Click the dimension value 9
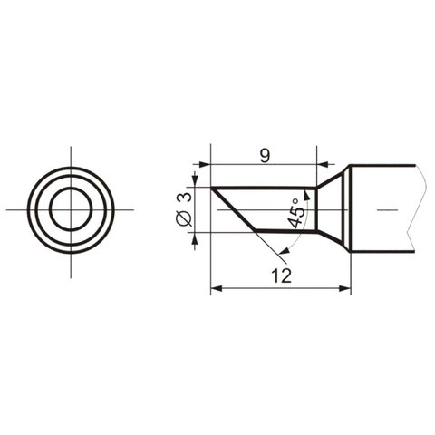point(263,156)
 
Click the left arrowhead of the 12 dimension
point(216,289)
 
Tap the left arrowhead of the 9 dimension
point(216,165)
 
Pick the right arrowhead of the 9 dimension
point(312,165)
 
